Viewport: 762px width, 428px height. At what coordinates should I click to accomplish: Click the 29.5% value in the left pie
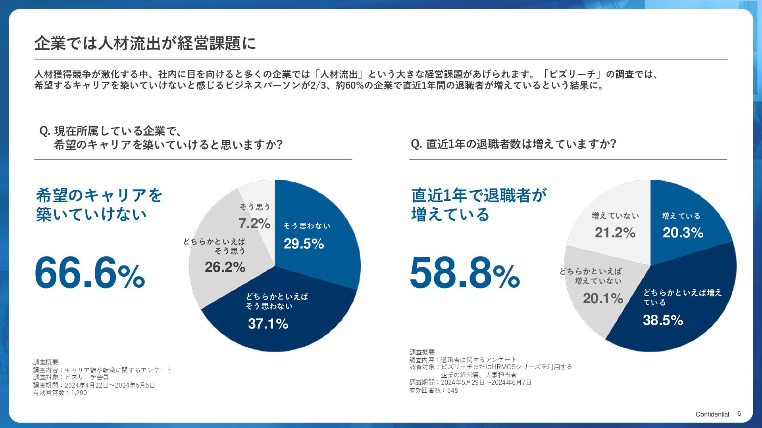[x=304, y=244]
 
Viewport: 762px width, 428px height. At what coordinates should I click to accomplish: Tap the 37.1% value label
[x=268, y=324]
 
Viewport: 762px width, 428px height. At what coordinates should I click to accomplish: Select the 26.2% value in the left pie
[x=225, y=267]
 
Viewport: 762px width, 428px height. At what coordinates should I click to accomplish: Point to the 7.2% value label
[x=254, y=224]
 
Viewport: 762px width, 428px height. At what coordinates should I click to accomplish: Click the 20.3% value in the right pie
[x=683, y=233]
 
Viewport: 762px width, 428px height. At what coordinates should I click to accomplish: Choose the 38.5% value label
[x=663, y=320]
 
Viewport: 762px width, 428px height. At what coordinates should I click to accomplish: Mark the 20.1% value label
[x=603, y=298]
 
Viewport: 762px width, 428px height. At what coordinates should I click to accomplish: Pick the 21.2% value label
[x=615, y=233]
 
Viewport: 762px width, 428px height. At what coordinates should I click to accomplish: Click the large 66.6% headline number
[x=90, y=273]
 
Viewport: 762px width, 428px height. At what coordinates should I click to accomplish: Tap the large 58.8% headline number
[x=464, y=273]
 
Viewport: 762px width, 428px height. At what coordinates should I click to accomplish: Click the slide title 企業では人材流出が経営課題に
[x=145, y=43]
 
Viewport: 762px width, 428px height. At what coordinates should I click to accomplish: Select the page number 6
[x=739, y=414]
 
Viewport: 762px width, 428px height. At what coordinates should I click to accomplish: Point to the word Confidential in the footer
[x=712, y=414]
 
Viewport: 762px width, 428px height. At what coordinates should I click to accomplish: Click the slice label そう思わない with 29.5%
[x=307, y=226]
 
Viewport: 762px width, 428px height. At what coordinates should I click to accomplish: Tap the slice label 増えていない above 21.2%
[x=615, y=216]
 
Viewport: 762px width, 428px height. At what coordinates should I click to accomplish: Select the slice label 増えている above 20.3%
[x=681, y=216]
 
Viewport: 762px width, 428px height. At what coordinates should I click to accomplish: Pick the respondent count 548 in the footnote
[x=452, y=390]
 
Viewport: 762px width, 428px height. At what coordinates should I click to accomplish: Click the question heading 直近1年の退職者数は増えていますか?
[x=514, y=144]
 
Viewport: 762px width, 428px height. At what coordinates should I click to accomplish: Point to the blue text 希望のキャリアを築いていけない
[x=99, y=204]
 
